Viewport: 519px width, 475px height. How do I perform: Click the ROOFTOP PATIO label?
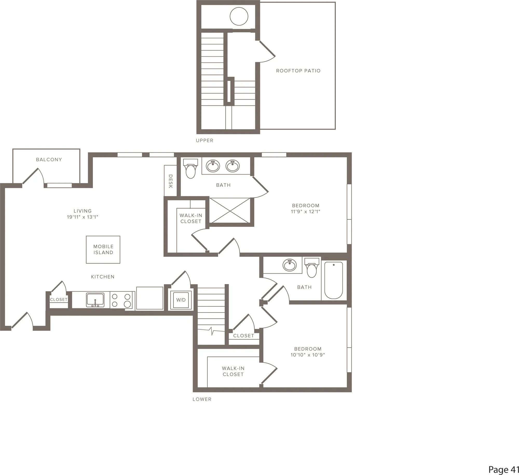[298, 71]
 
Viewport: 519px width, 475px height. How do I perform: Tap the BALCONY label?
[49, 160]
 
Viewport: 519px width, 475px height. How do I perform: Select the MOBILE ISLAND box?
[103, 250]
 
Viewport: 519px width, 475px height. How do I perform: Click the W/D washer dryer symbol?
[181, 300]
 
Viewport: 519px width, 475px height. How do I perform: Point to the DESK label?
[170, 181]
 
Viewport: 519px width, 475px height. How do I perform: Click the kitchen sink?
[95, 300]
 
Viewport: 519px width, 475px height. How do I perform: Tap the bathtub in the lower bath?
[334, 280]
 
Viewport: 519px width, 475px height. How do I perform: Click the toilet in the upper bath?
[190, 168]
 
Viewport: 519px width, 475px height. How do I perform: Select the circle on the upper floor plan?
[239, 16]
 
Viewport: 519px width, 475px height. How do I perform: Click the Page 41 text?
[504, 469]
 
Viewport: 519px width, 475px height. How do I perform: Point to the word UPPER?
[204, 140]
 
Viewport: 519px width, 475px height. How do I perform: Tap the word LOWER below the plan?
[202, 399]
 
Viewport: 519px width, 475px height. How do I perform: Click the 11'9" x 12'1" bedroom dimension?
[306, 211]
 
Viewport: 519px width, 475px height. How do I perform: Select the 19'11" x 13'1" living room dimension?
[83, 217]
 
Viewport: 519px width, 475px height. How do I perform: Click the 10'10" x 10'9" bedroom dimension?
[308, 355]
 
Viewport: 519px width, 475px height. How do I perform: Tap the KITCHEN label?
[103, 277]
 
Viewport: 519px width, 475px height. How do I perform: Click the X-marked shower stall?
[230, 210]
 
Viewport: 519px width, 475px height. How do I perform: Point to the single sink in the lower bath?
[290, 265]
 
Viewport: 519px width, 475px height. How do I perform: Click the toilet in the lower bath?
[312, 268]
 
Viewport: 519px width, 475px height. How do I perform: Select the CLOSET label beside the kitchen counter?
[59, 300]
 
